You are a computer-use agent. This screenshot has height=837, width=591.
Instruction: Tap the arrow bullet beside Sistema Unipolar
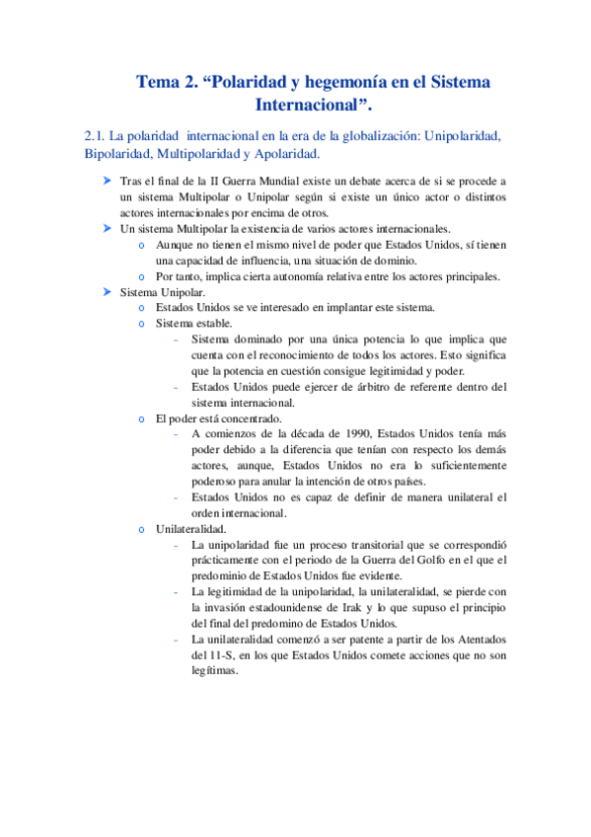click(x=107, y=292)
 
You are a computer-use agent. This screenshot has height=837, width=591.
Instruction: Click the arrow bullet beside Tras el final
click(x=107, y=183)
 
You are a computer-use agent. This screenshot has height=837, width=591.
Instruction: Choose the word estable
click(x=215, y=324)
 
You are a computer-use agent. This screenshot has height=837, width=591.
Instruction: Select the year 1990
click(x=348, y=433)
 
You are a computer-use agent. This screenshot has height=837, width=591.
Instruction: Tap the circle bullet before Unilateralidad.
click(x=144, y=529)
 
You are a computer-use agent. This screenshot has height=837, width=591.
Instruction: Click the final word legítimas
click(x=215, y=669)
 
